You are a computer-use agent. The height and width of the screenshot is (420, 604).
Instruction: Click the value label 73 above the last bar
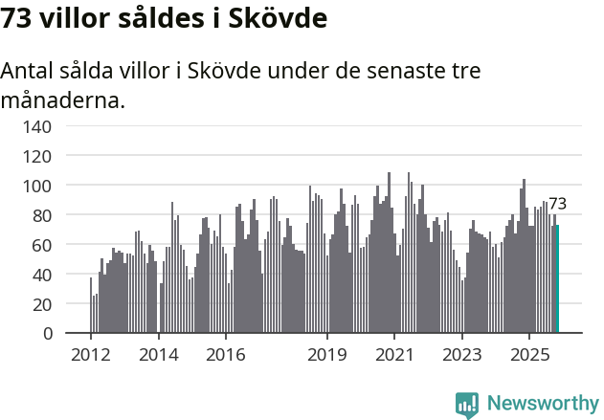(557, 204)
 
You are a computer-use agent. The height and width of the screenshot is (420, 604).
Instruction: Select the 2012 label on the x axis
(91, 356)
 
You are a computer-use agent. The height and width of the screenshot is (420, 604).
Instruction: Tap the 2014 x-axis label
(159, 356)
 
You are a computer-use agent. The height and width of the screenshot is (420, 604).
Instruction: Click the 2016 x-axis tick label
(226, 356)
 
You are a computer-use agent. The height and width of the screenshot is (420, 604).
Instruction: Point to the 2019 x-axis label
(327, 356)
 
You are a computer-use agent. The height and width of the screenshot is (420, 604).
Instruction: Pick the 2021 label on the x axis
(394, 356)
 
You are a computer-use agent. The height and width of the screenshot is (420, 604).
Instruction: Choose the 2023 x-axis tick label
(462, 356)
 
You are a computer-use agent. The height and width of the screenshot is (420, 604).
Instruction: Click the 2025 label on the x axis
(529, 356)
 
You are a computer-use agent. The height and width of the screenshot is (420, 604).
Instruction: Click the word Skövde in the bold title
(279, 19)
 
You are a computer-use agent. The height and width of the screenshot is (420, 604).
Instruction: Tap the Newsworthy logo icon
(467, 405)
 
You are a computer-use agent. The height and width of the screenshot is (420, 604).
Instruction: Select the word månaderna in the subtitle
(63, 100)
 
